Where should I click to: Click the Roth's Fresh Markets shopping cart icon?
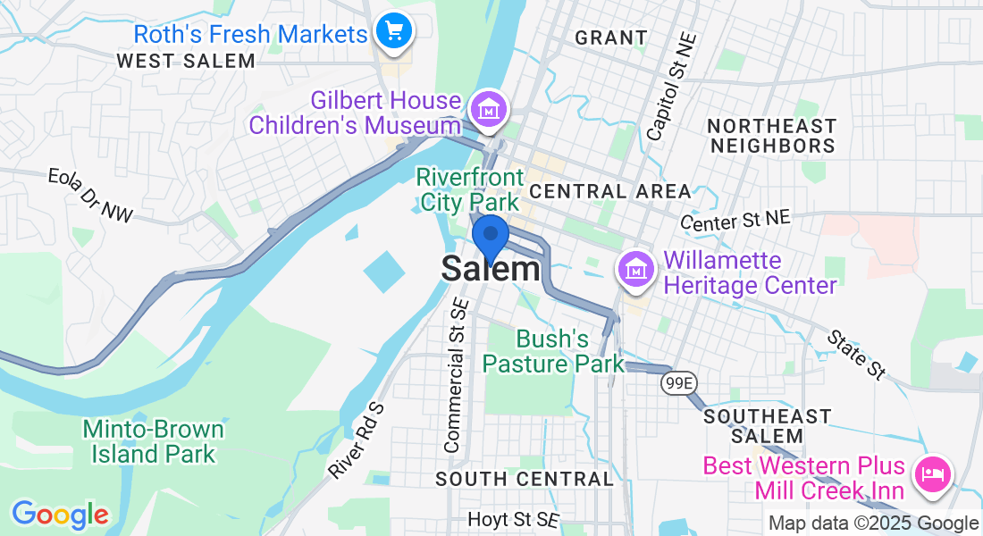click(394, 32)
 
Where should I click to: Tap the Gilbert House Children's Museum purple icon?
click(490, 111)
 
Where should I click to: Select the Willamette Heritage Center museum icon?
click(635, 268)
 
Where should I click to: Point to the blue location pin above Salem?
click(490, 237)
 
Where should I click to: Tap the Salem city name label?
click(491, 269)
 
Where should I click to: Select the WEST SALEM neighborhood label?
click(186, 61)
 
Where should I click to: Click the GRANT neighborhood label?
click(611, 38)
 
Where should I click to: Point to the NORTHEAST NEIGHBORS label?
click(770, 136)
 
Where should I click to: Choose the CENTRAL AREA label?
click(610, 191)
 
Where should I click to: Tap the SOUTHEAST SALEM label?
click(768, 426)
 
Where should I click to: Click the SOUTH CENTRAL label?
click(524, 479)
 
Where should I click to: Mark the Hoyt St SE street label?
click(513, 519)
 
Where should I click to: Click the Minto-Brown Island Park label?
click(153, 441)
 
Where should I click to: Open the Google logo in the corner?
click(60, 515)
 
